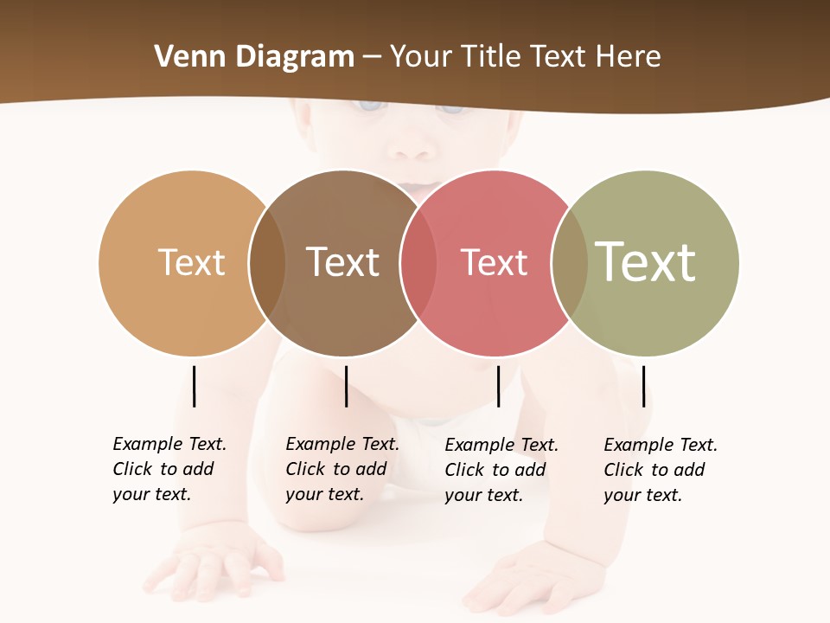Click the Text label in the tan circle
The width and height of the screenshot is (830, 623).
pyautogui.click(x=191, y=262)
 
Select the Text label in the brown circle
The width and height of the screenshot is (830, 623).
pyautogui.click(x=343, y=262)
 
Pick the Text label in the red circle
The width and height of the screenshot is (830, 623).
pyautogui.click(x=494, y=262)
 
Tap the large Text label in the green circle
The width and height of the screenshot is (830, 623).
pyautogui.click(x=646, y=262)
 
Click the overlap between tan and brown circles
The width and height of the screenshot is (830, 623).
pyautogui.click(x=267, y=263)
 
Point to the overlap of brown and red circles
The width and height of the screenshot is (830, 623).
pyautogui.click(x=418, y=263)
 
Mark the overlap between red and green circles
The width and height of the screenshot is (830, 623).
pyautogui.click(x=570, y=263)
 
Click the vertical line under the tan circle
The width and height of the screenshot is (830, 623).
pyautogui.click(x=194, y=386)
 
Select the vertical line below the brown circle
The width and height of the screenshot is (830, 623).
pyautogui.click(x=346, y=386)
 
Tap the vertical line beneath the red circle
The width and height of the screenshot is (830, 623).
pyautogui.click(x=498, y=386)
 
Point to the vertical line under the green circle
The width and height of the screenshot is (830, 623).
pyautogui.click(x=643, y=386)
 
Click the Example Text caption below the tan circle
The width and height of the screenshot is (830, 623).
pyautogui.click(x=169, y=469)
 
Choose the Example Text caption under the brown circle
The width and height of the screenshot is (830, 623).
pyautogui.click(x=342, y=469)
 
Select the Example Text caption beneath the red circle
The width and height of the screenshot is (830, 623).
pyautogui.click(x=501, y=470)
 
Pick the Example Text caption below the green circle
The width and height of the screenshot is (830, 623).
pyautogui.click(x=661, y=470)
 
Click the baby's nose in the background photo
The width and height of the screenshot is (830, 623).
pyautogui.click(x=412, y=147)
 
